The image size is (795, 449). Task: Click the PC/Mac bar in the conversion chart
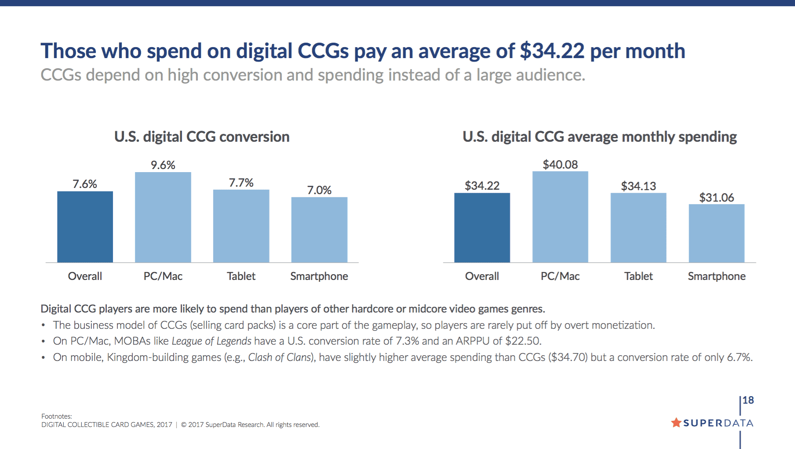point(163,217)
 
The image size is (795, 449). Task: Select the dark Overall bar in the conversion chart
point(85,227)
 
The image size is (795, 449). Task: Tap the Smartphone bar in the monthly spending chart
point(716,233)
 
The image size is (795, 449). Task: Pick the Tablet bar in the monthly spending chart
point(638,228)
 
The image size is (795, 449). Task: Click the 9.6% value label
point(163,165)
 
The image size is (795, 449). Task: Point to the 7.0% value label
point(319,190)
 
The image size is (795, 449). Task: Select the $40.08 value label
point(560,165)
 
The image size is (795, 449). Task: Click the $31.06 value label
point(716,198)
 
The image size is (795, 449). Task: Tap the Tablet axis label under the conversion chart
point(241,276)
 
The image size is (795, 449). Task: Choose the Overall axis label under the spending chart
point(482,276)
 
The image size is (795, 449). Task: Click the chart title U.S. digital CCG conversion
point(202,137)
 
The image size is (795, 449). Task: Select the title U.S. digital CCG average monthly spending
point(599,137)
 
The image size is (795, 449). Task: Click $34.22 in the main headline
point(552,51)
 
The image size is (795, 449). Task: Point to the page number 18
point(748,400)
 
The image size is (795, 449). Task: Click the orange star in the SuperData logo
point(676,423)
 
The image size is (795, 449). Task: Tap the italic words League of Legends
point(212,341)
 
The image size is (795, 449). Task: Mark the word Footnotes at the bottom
point(56,416)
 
